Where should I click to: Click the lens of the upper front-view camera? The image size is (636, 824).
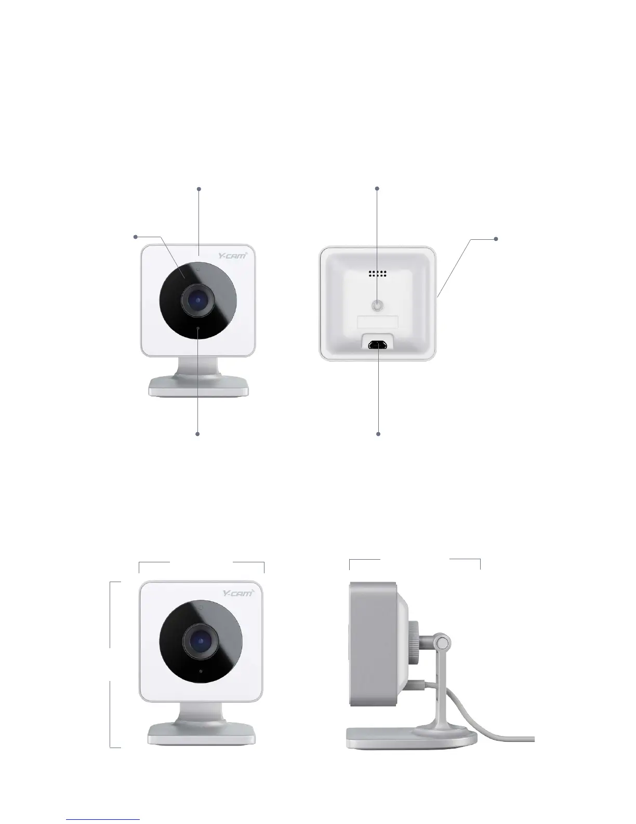click(x=198, y=300)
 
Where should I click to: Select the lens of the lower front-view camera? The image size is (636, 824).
click(x=200, y=641)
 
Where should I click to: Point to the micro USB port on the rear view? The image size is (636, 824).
click(x=378, y=345)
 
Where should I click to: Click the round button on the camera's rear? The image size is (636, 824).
click(x=378, y=306)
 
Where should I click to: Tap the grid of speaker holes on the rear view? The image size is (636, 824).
click(x=378, y=273)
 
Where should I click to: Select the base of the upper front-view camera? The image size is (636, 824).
click(x=198, y=387)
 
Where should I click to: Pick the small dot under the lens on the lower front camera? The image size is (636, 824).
click(x=201, y=671)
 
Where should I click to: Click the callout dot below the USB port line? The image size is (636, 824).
click(x=378, y=433)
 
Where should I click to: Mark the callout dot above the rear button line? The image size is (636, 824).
click(x=378, y=188)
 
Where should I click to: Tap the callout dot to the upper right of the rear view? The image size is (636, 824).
click(x=496, y=239)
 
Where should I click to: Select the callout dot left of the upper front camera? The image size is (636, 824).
click(x=136, y=237)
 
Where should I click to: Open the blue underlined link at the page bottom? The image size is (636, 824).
click(x=103, y=819)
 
